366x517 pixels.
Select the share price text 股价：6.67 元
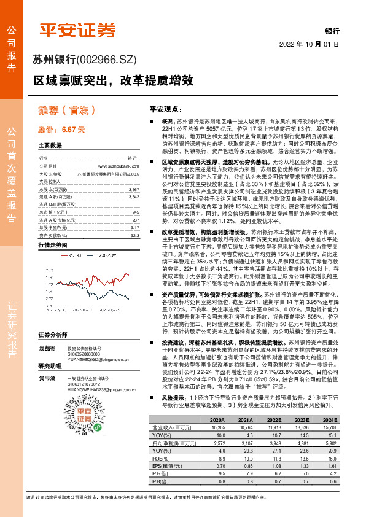click(x=61, y=130)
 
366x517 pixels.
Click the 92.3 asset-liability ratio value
click(x=135, y=235)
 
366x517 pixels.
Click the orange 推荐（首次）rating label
click(x=66, y=110)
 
